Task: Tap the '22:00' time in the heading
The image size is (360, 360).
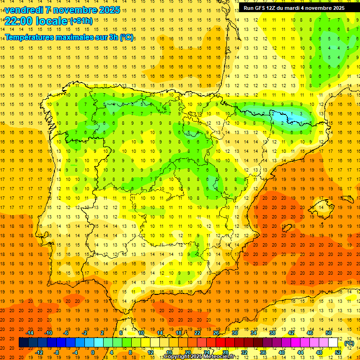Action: tap(18, 21)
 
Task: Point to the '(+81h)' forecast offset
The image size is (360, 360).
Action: tap(81, 21)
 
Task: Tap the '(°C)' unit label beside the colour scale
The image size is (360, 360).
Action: tap(349, 343)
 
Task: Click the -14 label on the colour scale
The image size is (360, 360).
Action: tap(30, 333)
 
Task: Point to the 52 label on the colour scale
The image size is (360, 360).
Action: tap(338, 352)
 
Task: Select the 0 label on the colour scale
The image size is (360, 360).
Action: tap(93, 352)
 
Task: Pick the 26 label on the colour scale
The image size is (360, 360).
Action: tap(216, 333)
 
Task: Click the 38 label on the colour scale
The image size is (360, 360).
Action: tap(272, 333)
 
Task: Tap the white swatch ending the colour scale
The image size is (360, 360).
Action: tap(333, 343)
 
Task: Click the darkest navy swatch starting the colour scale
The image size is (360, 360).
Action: tap(23, 343)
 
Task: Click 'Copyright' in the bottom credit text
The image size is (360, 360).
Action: tap(177, 357)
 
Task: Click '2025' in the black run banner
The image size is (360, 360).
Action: tap(337, 8)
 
